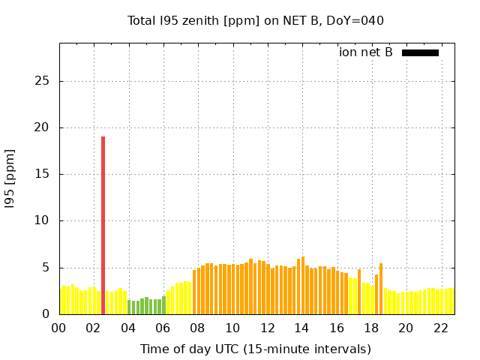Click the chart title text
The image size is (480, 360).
coord(255,21)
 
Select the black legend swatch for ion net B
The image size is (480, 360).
coord(420,52)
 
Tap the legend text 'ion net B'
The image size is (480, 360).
coord(365,52)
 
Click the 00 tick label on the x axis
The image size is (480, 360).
coord(59,328)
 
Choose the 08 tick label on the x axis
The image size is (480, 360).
coord(198,328)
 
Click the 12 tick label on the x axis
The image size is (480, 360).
coord(267,328)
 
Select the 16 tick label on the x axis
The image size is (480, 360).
coord(337,328)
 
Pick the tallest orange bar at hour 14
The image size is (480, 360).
coord(302,285)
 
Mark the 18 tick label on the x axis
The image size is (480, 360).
coord(371,328)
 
